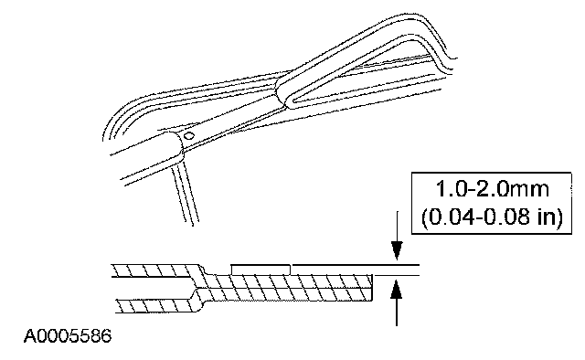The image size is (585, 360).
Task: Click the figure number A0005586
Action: click(x=68, y=336)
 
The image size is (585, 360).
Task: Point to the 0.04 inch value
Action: click(x=452, y=217)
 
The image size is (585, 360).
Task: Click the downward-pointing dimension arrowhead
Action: click(x=397, y=250)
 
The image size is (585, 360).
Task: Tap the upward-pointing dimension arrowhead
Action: click(x=396, y=290)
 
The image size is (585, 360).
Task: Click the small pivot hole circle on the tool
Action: click(x=189, y=135)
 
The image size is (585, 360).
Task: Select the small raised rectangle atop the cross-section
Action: click(x=261, y=270)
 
